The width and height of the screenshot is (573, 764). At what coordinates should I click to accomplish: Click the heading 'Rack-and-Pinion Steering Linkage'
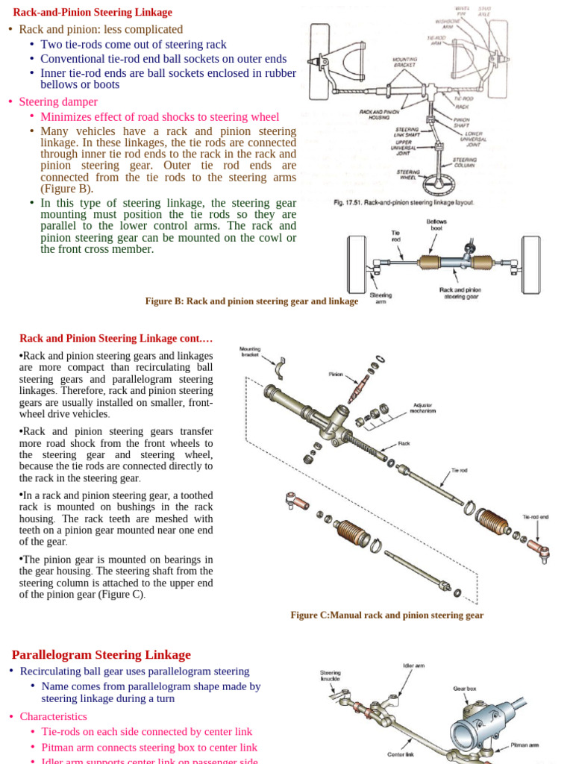(x=93, y=13)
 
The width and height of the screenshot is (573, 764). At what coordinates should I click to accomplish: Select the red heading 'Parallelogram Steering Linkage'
(x=101, y=654)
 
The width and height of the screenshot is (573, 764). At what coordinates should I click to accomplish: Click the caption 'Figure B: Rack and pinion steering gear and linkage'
(x=251, y=301)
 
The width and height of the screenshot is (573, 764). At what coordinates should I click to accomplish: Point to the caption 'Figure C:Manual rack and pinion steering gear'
(x=386, y=616)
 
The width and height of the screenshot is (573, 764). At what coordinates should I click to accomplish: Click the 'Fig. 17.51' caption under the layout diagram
(x=404, y=202)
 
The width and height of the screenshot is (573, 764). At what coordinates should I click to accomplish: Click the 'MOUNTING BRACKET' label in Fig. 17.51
(x=404, y=61)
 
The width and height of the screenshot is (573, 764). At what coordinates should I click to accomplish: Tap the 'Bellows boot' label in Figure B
(x=436, y=225)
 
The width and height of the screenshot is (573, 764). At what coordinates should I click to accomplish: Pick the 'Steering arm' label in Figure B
(x=381, y=298)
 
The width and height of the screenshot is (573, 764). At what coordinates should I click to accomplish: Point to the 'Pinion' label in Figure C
(x=335, y=374)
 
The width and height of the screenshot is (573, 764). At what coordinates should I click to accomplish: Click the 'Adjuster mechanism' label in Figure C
(x=422, y=408)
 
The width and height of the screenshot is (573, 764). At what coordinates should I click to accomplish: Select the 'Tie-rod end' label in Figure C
(x=535, y=516)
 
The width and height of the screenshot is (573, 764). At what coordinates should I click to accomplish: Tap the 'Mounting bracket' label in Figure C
(x=250, y=351)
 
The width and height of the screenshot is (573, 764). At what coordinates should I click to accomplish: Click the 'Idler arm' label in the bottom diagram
(x=413, y=666)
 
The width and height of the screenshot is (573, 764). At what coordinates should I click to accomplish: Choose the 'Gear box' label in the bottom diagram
(x=464, y=688)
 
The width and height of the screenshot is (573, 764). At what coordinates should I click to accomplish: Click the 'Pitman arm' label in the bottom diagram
(x=525, y=745)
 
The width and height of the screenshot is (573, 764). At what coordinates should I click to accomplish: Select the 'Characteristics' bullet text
(x=53, y=716)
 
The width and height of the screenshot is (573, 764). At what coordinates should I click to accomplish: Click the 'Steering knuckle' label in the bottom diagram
(x=331, y=675)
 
